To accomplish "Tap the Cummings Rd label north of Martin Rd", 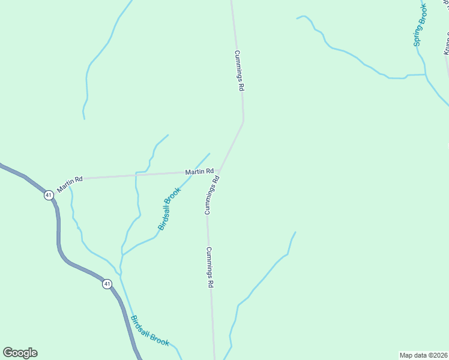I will pyautogui.click(x=239, y=70).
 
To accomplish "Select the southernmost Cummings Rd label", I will pyautogui.click(x=210, y=268).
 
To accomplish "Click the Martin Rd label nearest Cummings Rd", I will pyautogui.click(x=199, y=172).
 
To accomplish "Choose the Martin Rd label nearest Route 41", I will pyautogui.click(x=70, y=184).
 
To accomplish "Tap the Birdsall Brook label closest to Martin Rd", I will pyautogui.click(x=169, y=209).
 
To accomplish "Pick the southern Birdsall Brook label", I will pyautogui.click(x=150, y=331).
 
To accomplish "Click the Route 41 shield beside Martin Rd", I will pyautogui.click(x=48, y=196).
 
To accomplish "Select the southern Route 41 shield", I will pyautogui.click(x=106, y=284).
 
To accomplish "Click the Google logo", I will pyautogui.click(x=20, y=353).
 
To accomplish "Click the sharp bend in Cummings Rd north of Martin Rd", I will pyautogui.click(x=243, y=122).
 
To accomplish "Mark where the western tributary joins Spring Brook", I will pyautogui.click(x=426, y=75).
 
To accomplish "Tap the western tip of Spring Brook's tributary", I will pyautogui.click(x=297, y=18).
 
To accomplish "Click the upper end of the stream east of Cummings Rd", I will pyautogui.click(x=295, y=232).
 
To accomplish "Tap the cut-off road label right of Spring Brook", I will pyautogui.click(x=447, y=42).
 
